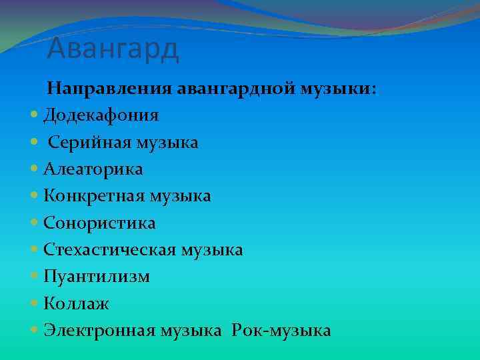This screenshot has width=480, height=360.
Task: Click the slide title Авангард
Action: (113, 49)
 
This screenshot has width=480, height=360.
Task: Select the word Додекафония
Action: (101, 115)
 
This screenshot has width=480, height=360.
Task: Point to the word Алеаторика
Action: (93, 169)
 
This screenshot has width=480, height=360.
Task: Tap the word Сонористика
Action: (99, 223)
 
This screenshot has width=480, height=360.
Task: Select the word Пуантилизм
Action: (96, 277)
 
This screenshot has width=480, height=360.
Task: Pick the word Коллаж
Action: (77, 304)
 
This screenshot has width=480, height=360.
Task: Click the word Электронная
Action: (101, 331)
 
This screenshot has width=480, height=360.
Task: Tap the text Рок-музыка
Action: (281, 331)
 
